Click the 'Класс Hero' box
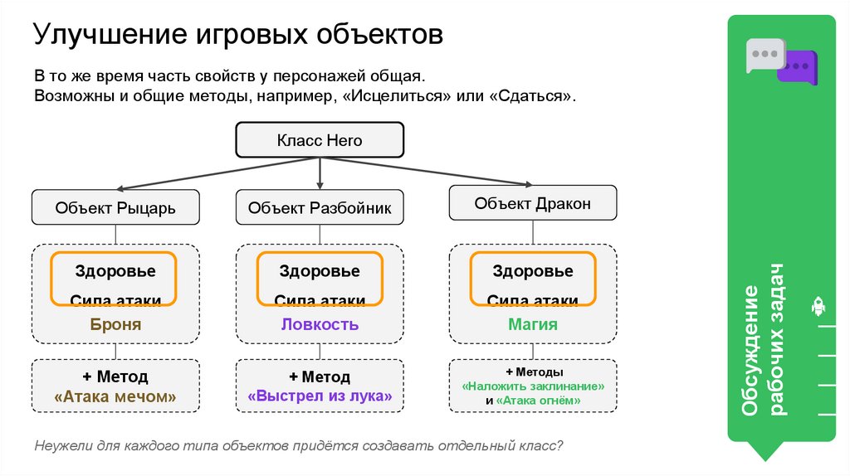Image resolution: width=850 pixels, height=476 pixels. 320,141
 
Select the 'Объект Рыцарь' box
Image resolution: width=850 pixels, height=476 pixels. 115,207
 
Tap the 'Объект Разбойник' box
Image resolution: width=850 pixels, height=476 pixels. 320,207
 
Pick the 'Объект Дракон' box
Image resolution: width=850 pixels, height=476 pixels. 533,203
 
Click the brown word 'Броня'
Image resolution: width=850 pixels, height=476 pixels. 115,324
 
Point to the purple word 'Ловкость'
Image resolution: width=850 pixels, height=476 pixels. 320,324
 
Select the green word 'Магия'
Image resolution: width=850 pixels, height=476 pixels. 533,324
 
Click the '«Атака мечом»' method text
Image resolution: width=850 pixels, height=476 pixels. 115,396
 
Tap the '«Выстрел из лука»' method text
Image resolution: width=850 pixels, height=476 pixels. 320,396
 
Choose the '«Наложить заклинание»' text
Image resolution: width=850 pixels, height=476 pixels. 533,386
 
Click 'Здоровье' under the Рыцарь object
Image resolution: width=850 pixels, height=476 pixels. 115,271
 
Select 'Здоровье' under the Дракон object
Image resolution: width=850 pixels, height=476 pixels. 533,271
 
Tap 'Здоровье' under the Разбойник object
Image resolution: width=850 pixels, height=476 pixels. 320,271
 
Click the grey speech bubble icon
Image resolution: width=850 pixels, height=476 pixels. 763,55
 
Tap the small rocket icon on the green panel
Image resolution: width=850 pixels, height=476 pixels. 817,308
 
